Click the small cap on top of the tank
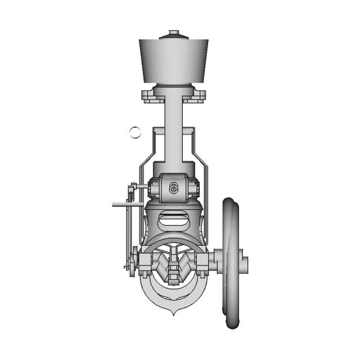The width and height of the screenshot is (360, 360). click(174, 35)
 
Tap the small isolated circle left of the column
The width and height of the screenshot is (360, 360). click(135, 132)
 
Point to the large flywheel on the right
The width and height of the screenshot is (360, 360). click(231, 263)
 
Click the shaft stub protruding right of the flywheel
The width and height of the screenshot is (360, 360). click(244, 263)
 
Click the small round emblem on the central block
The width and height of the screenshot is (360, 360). click(174, 188)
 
